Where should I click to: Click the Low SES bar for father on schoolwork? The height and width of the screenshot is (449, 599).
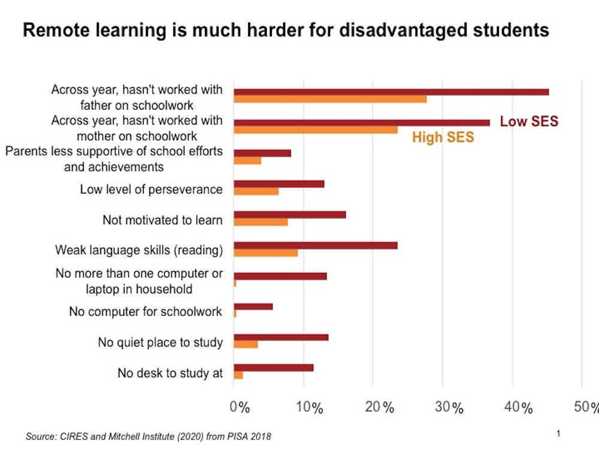391,92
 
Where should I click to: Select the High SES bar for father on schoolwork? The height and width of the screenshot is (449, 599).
330,99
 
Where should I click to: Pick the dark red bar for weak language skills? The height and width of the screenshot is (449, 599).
316,245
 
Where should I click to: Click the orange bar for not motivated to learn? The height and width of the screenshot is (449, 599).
261,222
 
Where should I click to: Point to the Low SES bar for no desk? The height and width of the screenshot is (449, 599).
274,368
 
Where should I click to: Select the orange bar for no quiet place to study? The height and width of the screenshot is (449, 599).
246,344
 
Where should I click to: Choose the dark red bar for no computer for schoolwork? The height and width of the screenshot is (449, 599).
253,307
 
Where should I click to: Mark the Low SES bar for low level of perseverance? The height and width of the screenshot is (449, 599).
279,184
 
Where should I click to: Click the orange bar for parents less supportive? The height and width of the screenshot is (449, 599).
247,160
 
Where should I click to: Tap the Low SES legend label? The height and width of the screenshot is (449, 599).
529,122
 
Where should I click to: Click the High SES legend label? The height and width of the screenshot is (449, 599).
443,138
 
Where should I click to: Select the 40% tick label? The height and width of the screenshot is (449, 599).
518,408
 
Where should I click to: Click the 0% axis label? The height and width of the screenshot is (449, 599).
240,408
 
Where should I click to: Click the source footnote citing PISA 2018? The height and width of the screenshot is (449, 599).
144,436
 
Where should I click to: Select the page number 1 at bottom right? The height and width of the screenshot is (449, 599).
558,433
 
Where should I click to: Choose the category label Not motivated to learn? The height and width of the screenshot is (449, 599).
162,220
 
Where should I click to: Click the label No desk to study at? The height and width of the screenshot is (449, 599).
170,373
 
